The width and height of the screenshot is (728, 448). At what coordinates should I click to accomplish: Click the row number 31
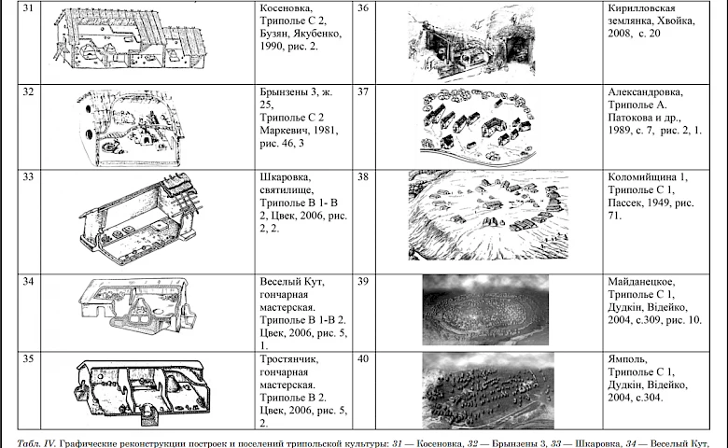(28, 7)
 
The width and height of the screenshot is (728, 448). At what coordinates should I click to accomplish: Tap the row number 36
(363, 7)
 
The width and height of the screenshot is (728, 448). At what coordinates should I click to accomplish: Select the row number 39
(363, 281)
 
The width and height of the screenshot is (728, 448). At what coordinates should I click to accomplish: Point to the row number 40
(363, 358)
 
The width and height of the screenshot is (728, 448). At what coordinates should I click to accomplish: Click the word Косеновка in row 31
(286, 7)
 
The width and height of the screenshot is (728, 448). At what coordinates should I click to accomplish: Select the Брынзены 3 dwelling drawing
(129, 128)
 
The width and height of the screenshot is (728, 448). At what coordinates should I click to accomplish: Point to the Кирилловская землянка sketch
(471, 43)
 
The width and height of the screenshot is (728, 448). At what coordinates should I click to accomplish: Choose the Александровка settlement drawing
(479, 126)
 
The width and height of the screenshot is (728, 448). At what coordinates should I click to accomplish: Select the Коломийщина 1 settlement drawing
(488, 216)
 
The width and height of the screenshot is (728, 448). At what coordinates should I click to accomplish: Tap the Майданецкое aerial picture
(485, 310)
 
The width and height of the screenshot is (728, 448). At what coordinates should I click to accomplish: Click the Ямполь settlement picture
(488, 390)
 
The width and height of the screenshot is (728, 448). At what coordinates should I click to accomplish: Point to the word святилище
(287, 189)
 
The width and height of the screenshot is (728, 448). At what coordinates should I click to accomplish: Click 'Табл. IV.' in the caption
(36, 443)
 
